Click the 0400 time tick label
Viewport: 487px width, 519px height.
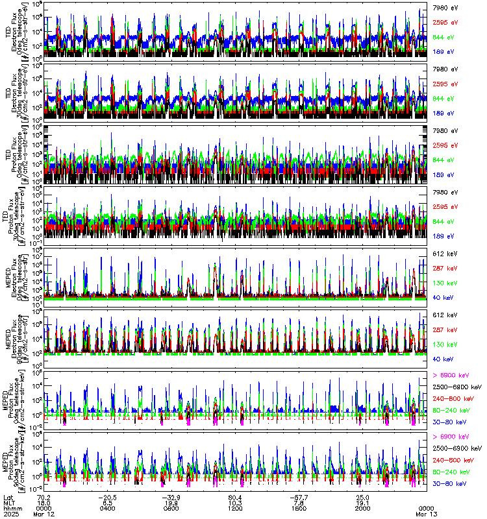[108, 508]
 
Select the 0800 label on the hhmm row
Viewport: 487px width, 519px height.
[171, 508]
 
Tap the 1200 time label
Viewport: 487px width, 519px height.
[235, 508]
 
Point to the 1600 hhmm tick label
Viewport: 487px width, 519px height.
[299, 508]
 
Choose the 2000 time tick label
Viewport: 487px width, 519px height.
[362, 508]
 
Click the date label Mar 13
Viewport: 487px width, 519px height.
[426, 514]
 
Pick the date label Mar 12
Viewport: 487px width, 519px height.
[44, 514]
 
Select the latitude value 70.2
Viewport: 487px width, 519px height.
[44, 496]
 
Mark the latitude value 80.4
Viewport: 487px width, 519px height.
[235, 496]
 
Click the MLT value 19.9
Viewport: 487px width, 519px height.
[171, 502]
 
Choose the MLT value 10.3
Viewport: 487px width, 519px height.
[235, 502]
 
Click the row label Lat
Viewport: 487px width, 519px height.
[8, 496]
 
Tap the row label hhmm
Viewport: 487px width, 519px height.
[10, 508]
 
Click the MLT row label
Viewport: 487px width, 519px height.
[8, 502]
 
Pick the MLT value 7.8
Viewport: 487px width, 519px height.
[300, 502]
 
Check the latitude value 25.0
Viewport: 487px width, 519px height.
[362, 496]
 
